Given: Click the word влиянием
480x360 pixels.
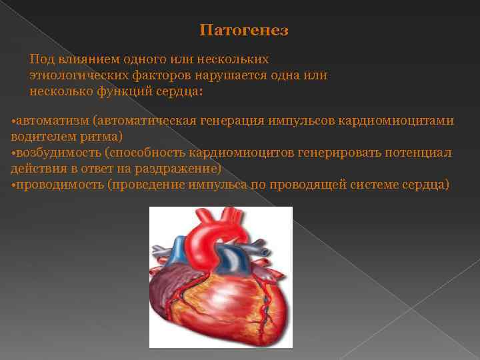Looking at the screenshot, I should [81, 59].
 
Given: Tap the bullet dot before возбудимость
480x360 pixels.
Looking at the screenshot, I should [13, 153].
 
